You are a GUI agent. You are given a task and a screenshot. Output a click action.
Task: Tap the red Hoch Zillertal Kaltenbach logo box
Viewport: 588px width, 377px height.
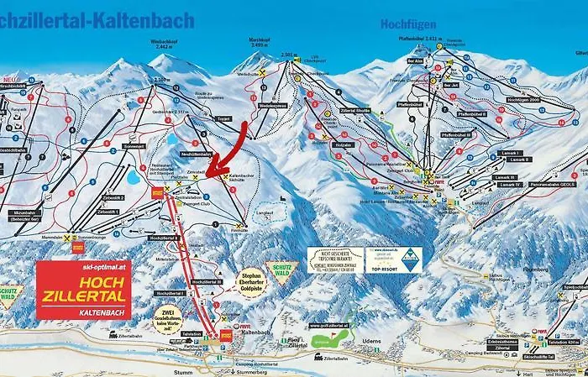(82, 290)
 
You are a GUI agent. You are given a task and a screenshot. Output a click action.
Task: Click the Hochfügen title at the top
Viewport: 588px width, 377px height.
(409, 24)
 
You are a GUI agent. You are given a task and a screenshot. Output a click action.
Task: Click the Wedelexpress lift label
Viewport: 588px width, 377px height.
(273, 106)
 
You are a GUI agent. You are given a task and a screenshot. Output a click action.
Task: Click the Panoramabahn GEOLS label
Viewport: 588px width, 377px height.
(553, 183)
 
